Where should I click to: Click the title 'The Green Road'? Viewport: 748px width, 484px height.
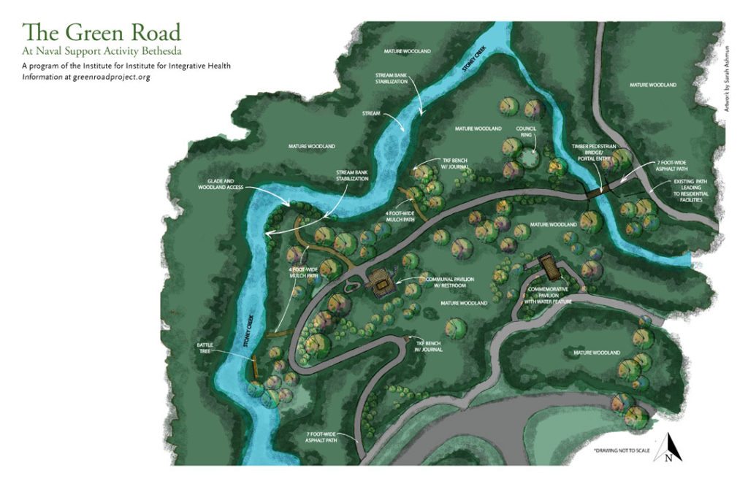[101, 33]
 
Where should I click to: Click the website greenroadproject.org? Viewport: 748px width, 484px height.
[111, 77]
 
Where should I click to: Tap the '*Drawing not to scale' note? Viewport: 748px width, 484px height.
[621, 450]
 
